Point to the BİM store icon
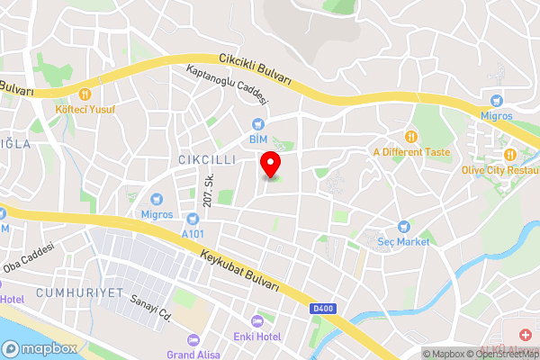258,123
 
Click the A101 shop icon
191,219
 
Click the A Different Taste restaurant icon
411,137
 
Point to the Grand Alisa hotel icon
192,340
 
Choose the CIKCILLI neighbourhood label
200,159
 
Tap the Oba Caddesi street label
30,258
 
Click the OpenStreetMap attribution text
504,354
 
